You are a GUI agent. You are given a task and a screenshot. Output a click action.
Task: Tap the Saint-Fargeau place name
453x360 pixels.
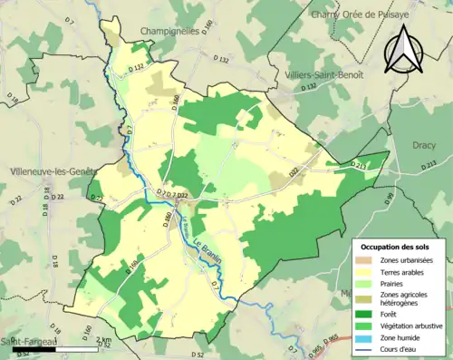25,341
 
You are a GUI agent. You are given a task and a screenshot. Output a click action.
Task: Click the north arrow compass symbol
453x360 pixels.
404,49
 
